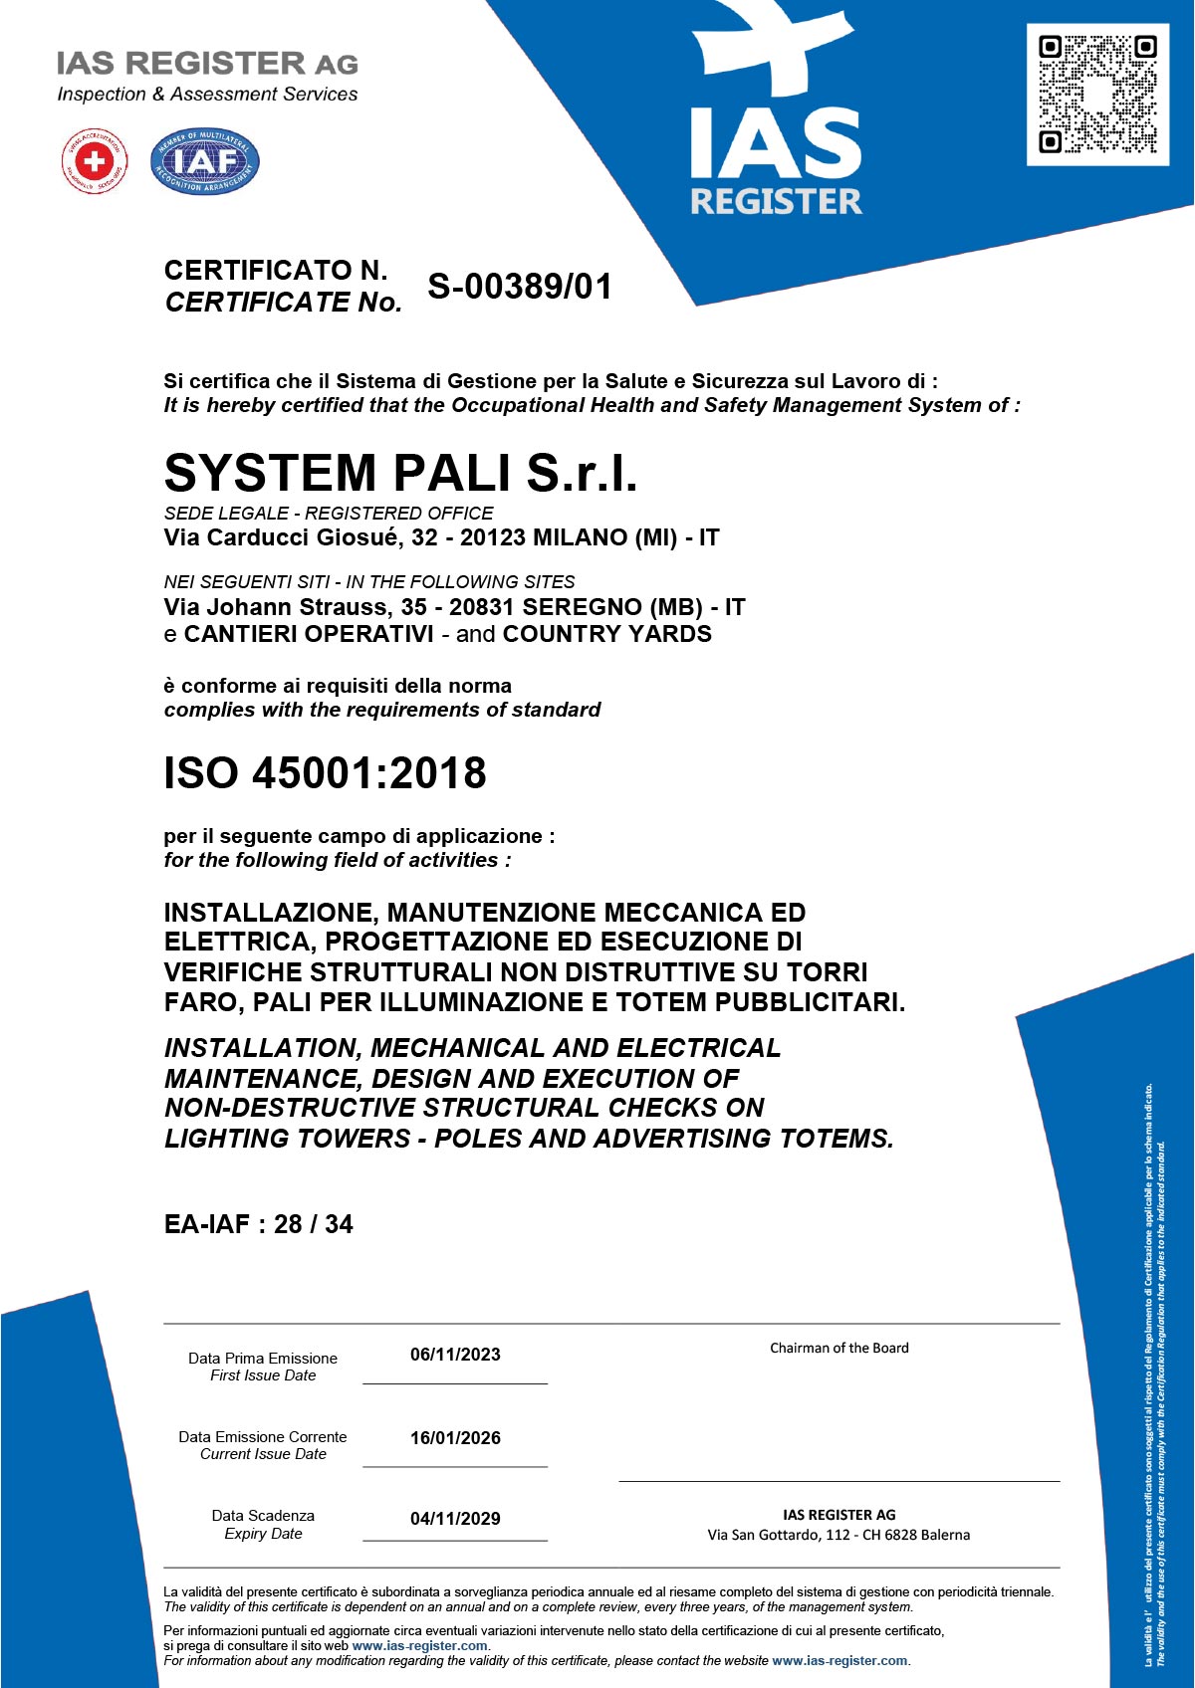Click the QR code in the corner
(1097, 95)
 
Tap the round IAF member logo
(205, 161)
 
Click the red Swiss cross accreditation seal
(95, 161)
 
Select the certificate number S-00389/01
(520, 287)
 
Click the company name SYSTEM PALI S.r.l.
(400, 472)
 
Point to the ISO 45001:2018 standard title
(325, 773)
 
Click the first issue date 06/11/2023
(455, 1355)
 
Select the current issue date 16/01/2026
(455, 1438)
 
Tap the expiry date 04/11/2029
(455, 1519)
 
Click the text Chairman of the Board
(838, 1349)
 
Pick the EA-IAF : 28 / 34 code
(258, 1224)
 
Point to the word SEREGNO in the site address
(583, 607)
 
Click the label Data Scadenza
(263, 1516)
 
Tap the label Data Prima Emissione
(263, 1359)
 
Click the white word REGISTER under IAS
(776, 202)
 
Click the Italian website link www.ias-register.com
(419, 1646)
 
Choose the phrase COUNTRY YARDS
(607, 635)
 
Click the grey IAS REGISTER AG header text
(207, 64)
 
